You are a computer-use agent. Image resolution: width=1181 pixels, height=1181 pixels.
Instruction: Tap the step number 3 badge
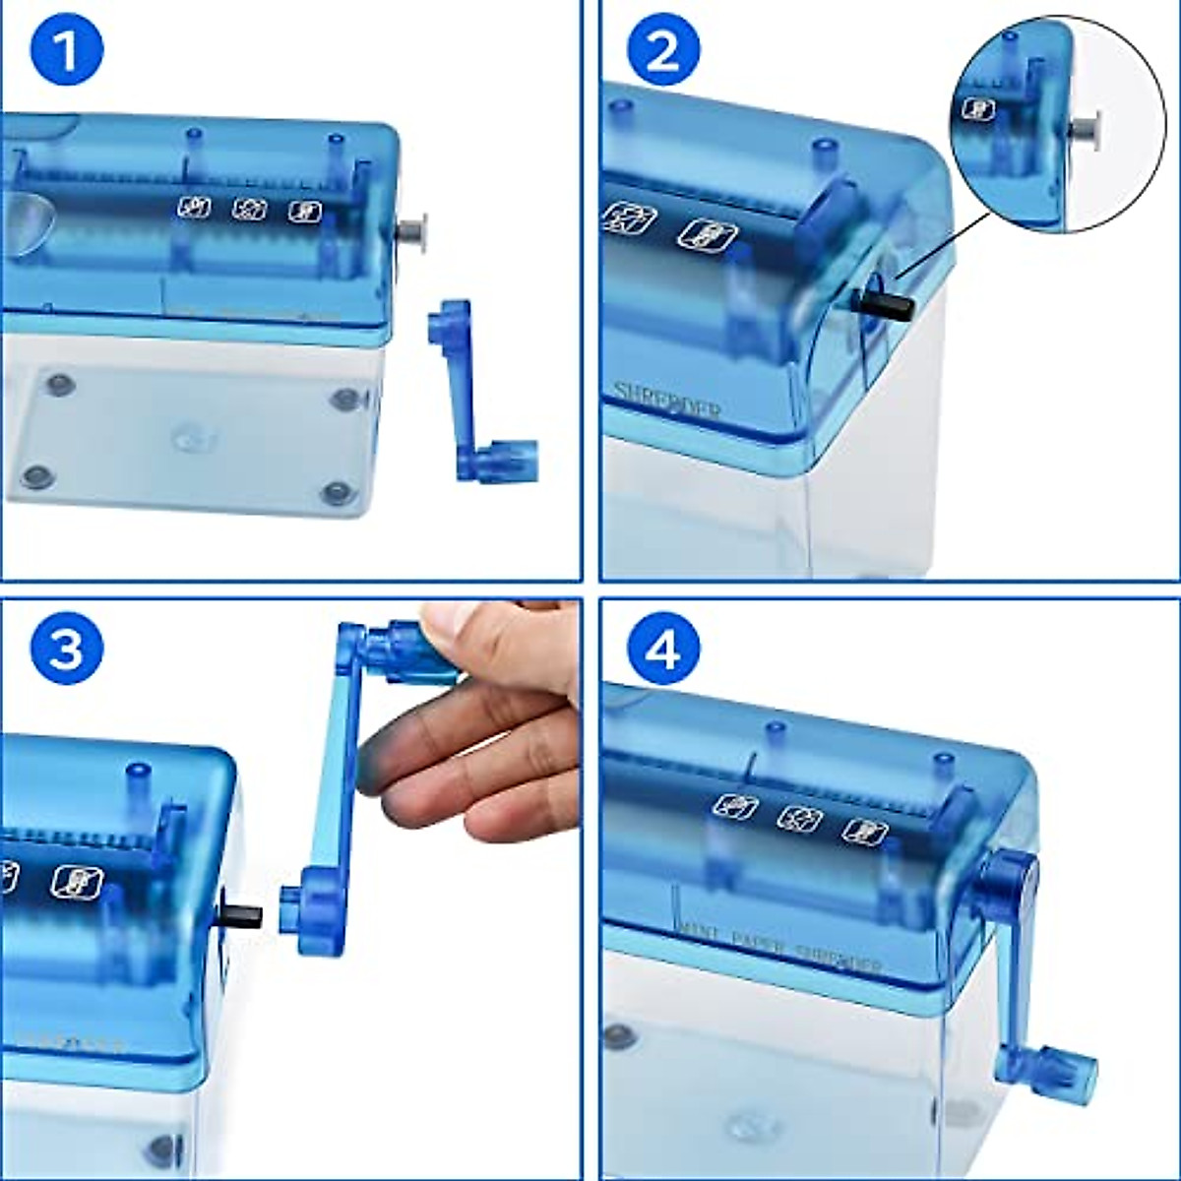(67, 650)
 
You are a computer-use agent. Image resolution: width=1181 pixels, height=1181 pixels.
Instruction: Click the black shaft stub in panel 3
(243, 915)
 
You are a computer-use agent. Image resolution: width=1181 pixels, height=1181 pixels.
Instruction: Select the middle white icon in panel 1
(250, 209)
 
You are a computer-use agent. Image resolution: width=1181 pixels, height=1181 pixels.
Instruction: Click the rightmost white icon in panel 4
(865, 830)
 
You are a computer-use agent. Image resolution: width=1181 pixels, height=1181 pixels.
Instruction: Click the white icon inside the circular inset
(977, 109)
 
